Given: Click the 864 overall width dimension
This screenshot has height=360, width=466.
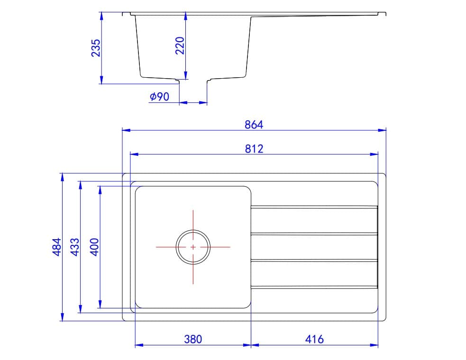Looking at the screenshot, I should click(x=254, y=125).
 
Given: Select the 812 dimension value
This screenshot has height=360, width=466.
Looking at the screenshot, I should click(x=254, y=149).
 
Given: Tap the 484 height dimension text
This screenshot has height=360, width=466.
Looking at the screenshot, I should click(x=56, y=247).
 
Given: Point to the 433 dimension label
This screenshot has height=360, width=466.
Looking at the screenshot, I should click(x=74, y=247).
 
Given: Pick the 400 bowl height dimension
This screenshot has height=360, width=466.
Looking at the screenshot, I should click(x=94, y=247).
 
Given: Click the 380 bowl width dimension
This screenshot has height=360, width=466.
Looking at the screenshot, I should click(x=193, y=339).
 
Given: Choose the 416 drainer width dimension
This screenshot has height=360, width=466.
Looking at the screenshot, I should click(x=314, y=339).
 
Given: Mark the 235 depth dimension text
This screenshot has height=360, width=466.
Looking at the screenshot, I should click(x=96, y=48).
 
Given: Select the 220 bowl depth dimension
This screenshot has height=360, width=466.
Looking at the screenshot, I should click(x=180, y=46).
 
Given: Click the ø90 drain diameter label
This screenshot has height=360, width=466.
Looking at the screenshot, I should click(x=159, y=97).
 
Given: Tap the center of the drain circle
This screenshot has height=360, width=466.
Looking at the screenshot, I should click(x=193, y=247).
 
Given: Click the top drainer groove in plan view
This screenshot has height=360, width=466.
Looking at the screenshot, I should click(x=314, y=207).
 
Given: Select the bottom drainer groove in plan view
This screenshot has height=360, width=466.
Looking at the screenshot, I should click(x=314, y=287).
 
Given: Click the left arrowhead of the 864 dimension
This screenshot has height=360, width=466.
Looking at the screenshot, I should click(x=126, y=130).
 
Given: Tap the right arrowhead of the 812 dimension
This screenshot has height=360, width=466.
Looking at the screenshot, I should click(x=375, y=154).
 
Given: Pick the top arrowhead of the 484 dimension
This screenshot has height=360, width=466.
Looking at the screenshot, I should click(x=62, y=177).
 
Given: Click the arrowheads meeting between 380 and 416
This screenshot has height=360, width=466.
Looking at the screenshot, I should click(x=250, y=345).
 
